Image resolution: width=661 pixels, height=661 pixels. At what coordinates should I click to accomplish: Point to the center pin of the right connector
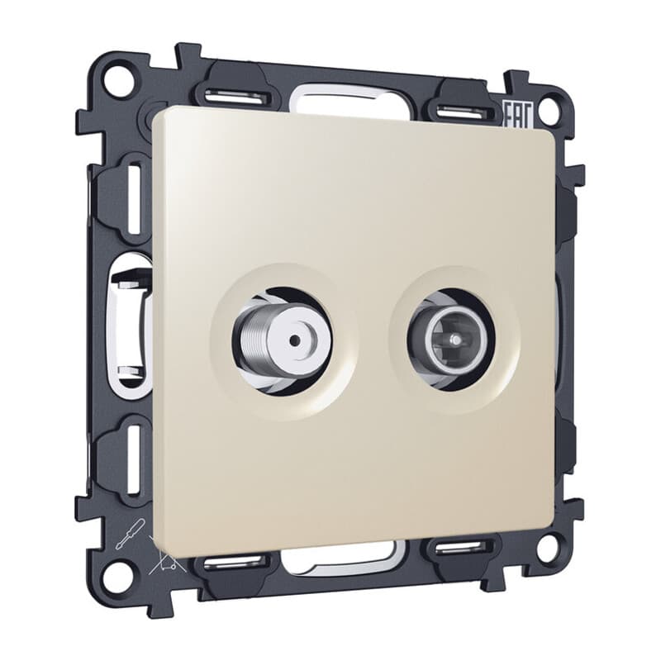pos(454,339)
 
